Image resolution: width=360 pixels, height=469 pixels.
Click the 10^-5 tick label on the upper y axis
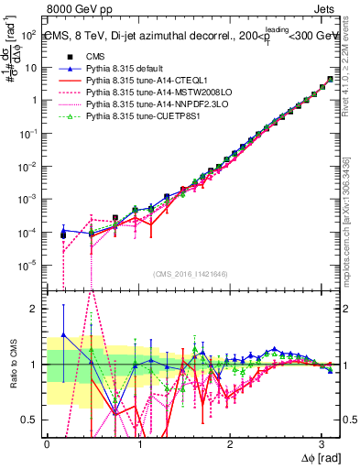(x=28, y=265)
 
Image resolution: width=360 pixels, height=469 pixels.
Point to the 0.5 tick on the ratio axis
(x=31, y=420)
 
